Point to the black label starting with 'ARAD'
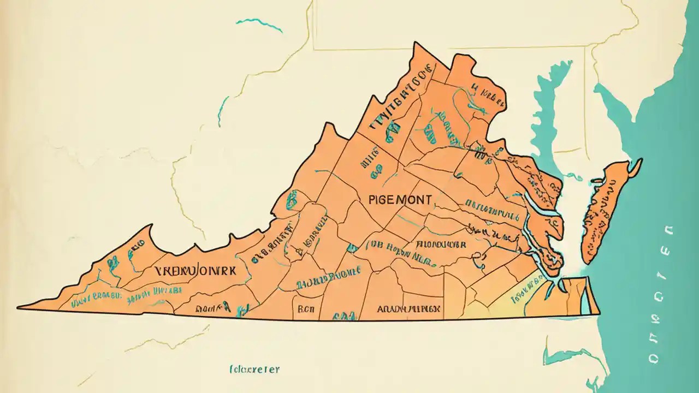click(408, 308)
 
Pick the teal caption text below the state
click(254, 370)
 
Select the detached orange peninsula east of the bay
click(603, 213)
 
